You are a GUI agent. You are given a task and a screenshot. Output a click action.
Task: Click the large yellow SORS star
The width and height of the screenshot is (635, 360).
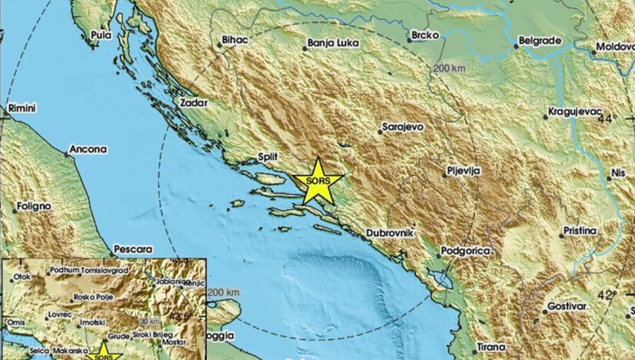tap(316, 182)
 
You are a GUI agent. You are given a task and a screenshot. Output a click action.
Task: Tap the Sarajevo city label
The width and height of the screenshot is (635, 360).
tap(403, 128)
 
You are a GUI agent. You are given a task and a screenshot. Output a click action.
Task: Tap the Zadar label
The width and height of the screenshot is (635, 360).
tap(193, 103)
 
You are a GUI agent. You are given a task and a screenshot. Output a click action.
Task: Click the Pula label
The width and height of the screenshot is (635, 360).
tap(100, 36)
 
